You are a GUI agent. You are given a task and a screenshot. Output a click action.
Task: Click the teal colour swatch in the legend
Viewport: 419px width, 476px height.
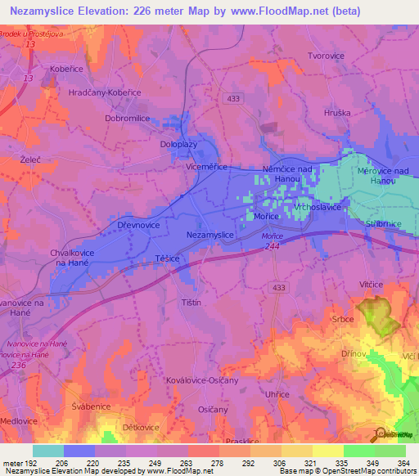47,451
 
